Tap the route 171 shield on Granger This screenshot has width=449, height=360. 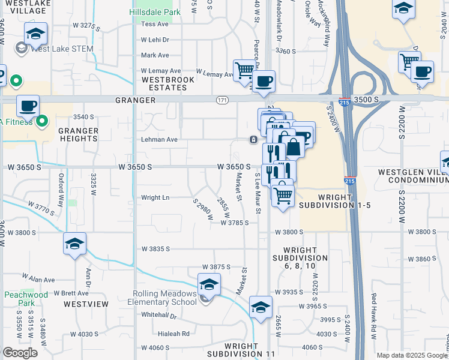(x=223, y=99)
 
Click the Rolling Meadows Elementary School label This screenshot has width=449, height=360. (x=165, y=298)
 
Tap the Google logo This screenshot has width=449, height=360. (x=20, y=353)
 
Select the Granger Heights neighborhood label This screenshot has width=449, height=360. (x=78, y=134)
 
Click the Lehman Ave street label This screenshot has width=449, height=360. (x=159, y=139)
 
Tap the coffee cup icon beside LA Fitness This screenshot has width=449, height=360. (x=28, y=107)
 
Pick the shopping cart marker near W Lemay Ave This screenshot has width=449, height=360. (x=244, y=71)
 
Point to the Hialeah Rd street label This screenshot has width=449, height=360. (x=173, y=334)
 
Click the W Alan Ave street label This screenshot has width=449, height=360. (x=38, y=280)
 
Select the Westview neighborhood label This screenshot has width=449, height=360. (x=86, y=304)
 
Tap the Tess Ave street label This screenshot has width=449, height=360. (x=155, y=24)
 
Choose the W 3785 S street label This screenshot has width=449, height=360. (x=235, y=223)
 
